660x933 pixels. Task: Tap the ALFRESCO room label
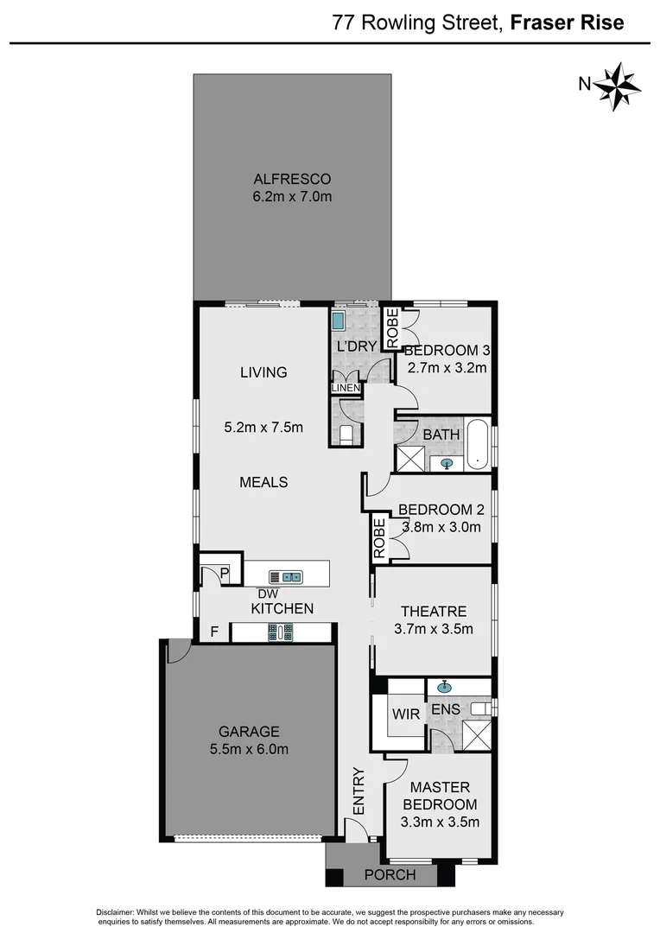(x=293, y=180)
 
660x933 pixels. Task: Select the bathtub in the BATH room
(x=477, y=444)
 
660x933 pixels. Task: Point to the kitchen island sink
(x=285, y=576)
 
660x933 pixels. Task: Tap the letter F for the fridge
(x=214, y=632)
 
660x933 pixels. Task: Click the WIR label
(x=405, y=714)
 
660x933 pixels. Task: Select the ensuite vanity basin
(x=445, y=688)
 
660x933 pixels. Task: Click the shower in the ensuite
(x=476, y=733)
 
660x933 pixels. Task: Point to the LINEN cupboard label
(x=346, y=389)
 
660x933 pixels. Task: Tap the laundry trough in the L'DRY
(x=338, y=321)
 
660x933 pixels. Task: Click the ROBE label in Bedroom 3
(x=392, y=328)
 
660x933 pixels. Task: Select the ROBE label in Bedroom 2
(x=379, y=538)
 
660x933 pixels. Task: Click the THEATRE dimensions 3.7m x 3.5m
(x=434, y=628)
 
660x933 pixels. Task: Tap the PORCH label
(x=390, y=875)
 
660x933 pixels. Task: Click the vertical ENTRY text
(x=358, y=790)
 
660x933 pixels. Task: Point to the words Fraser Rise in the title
(x=567, y=22)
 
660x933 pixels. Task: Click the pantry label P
(x=223, y=573)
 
